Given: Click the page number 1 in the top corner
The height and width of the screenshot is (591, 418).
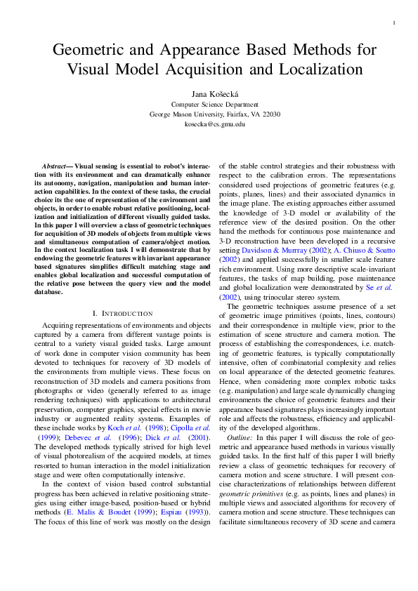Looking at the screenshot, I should tap(393, 23).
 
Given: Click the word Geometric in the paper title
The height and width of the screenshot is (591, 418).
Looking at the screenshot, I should tap(89, 50).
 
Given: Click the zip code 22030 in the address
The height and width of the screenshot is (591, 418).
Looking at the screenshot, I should tap(270, 114).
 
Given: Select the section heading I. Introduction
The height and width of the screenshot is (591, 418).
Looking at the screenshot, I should tap(122, 312).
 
